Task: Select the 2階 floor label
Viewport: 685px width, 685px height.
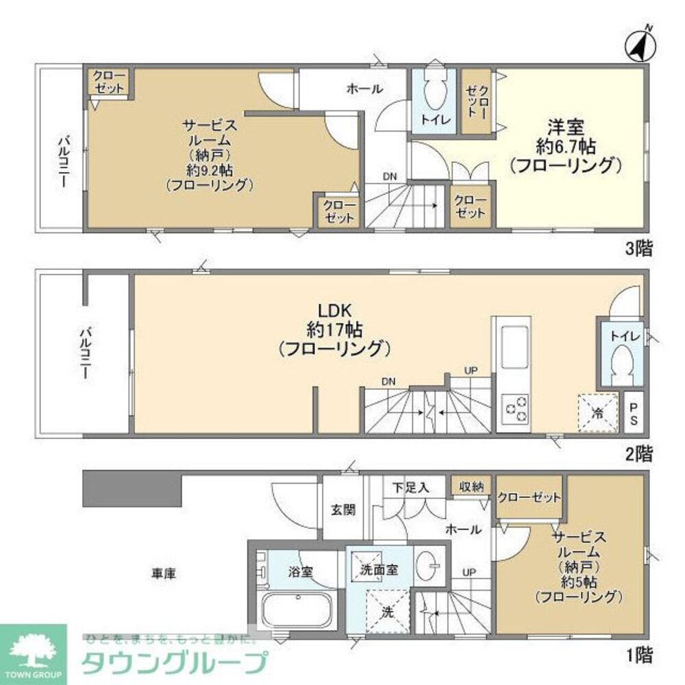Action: (x=638, y=453)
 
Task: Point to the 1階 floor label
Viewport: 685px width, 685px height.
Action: (x=638, y=656)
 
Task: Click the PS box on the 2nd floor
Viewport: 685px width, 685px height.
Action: (x=633, y=413)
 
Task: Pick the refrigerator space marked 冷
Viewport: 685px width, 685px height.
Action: (x=597, y=413)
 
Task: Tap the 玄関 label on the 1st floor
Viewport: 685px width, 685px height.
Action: (x=342, y=510)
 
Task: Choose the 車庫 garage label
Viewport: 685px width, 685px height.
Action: (x=164, y=574)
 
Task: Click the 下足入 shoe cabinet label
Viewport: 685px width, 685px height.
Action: (x=411, y=488)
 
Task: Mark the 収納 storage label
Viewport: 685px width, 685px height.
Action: (x=471, y=486)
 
